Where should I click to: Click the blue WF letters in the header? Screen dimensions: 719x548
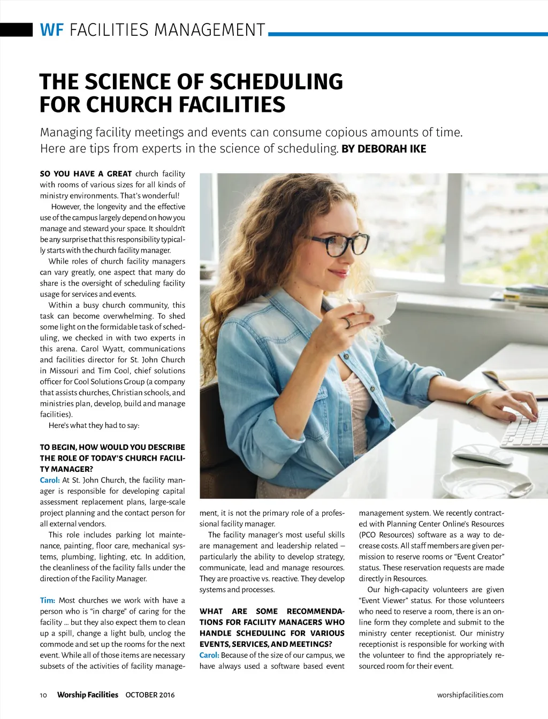click(51, 29)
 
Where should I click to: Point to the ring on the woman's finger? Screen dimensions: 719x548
click(347, 322)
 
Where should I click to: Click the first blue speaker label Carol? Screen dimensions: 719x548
click(50, 480)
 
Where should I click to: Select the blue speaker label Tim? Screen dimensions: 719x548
click(48, 600)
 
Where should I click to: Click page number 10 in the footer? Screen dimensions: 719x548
click(43, 695)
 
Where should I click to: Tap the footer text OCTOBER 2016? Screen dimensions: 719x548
click(150, 695)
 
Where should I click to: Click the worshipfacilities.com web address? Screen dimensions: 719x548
click(470, 695)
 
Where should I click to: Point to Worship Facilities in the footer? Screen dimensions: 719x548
click(87, 695)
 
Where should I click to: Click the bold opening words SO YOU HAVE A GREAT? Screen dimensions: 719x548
click(86, 174)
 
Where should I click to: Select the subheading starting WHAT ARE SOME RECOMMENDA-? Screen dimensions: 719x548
click(272, 628)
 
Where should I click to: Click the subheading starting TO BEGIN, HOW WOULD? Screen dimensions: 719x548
click(112, 458)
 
